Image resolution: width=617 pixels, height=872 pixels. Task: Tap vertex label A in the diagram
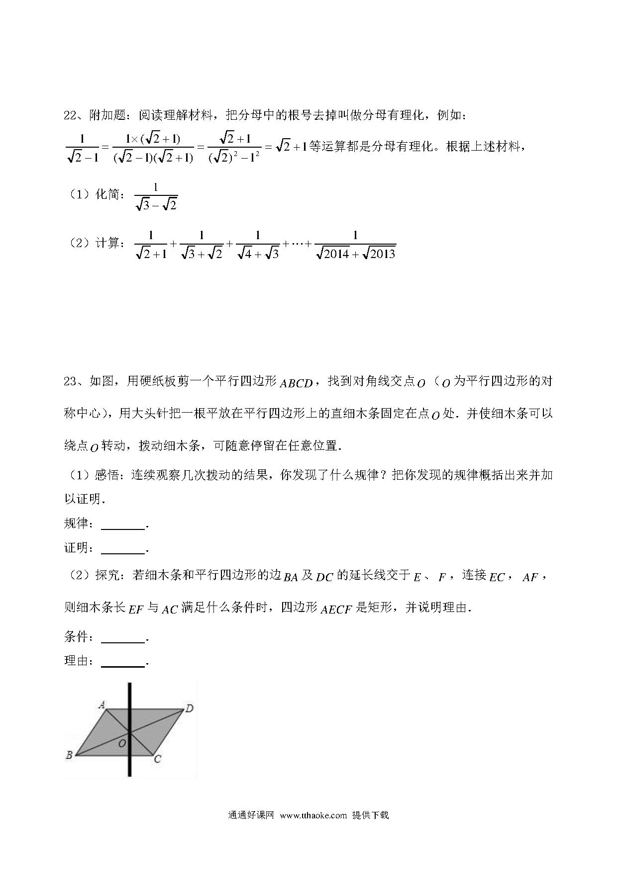[101, 704]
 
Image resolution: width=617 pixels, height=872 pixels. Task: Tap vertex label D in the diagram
[189, 708]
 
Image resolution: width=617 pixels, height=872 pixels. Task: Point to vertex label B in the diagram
[69, 755]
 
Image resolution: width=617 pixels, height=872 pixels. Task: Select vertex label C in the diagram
[157, 759]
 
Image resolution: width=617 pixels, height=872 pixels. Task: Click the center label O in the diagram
[121, 743]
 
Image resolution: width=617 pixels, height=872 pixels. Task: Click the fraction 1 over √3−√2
[156, 196]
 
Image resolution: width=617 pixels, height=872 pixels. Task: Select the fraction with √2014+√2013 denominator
[355, 245]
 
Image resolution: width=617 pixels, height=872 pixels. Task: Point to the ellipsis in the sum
[297, 245]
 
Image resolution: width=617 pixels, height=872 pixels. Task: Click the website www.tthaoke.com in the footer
[313, 815]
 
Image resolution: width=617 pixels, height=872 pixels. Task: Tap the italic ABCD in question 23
[296, 383]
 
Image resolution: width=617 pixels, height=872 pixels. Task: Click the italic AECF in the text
[336, 609]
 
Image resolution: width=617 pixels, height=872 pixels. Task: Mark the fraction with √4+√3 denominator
[257, 245]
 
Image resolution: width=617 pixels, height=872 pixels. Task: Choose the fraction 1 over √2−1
[82, 148]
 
